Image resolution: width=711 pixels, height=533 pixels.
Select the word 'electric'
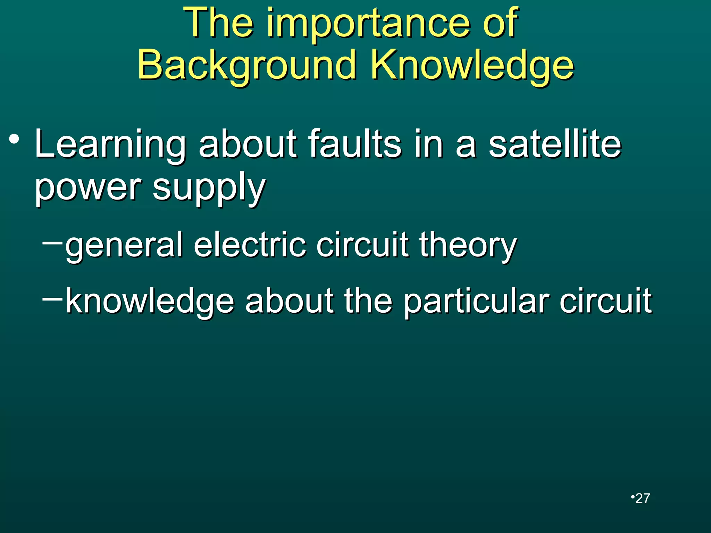click(250, 245)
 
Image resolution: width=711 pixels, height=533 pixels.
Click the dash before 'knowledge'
click(52, 298)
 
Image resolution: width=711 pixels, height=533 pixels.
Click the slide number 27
click(643, 498)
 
